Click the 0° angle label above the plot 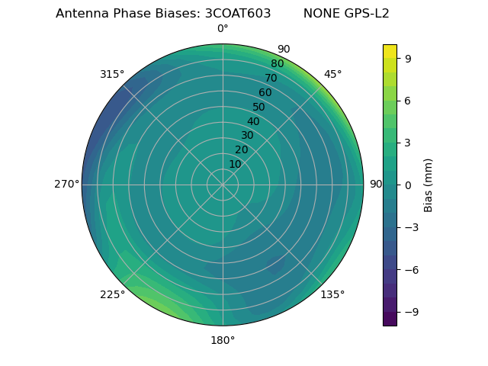click(x=223, y=29)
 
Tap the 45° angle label click(x=333, y=74)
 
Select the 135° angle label click(x=332, y=294)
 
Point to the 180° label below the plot click(x=223, y=340)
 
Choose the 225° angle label click(x=112, y=295)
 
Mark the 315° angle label click(x=112, y=74)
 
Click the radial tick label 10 click(x=235, y=164)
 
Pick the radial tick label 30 click(x=247, y=136)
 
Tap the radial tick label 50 click(x=259, y=108)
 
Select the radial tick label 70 click(x=271, y=79)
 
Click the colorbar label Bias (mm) click(x=429, y=185)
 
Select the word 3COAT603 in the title click(x=238, y=14)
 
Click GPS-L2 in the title click(x=364, y=14)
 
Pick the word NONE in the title click(x=319, y=14)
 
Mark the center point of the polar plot click(x=223, y=185)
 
